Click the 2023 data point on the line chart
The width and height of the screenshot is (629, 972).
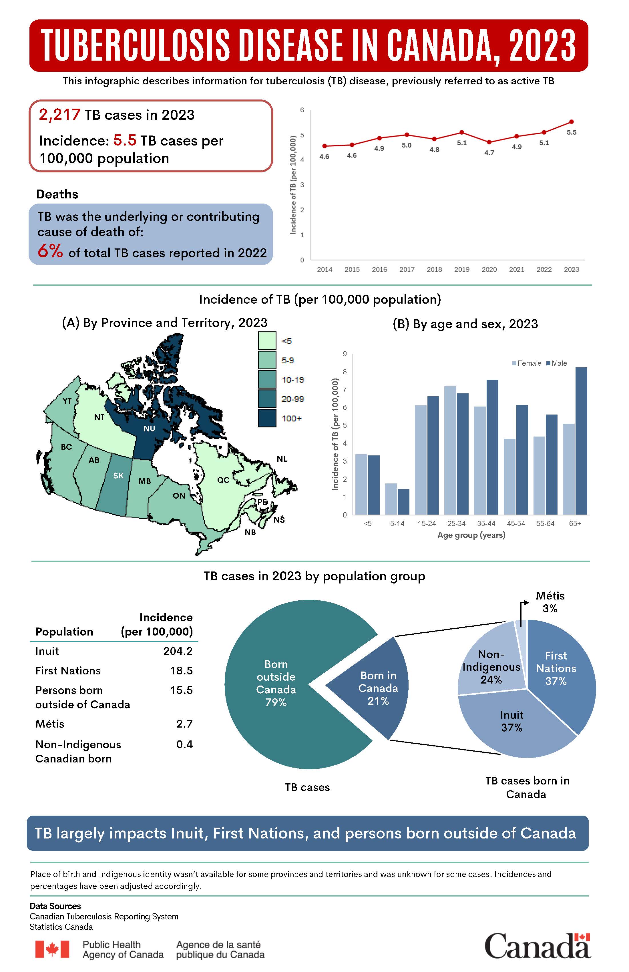click(x=572, y=122)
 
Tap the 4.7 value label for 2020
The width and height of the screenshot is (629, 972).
click(x=489, y=153)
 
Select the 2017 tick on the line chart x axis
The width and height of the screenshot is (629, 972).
click(x=407, y=270)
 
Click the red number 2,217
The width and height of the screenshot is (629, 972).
click(x=60, y=115)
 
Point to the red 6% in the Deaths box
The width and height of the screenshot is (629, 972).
click(x=50, y=251)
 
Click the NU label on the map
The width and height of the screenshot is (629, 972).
click(x=149, y=429)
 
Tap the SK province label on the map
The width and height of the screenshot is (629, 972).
click(x=118, y=475)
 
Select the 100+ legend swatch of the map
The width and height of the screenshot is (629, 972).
click(x=267, y=418)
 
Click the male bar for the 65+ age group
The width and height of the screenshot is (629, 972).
click(x=581, y=441)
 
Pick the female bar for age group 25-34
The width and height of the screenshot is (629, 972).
click(x=450, y=449)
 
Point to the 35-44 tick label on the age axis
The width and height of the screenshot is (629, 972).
click(x=486, y=523)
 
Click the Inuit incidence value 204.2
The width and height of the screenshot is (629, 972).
click(x=178, y=651)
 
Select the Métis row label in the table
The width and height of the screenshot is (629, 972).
click(x=50, y=724)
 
